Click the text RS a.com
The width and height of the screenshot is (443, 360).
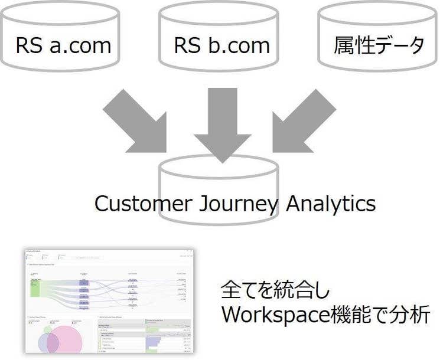[x=63, y=45]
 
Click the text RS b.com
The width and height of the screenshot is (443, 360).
[x=221, y=45]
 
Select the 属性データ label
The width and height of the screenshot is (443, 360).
[x=379, y=45]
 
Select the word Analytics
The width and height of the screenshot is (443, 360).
[x=331, y=204]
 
